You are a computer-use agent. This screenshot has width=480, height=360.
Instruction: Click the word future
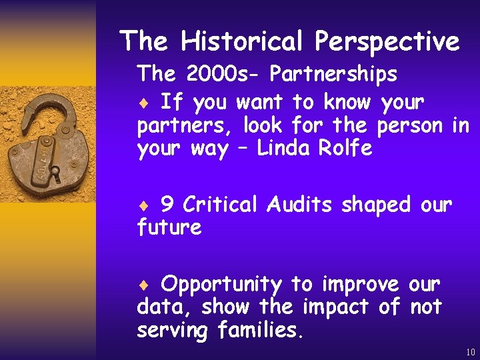pyautogui.click(x=169, y=228)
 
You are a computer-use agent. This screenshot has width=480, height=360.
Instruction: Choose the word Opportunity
pyautogui.click(x=221, y=285)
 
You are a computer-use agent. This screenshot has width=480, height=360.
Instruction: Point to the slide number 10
pyautogui.click(x=471, y=352)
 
